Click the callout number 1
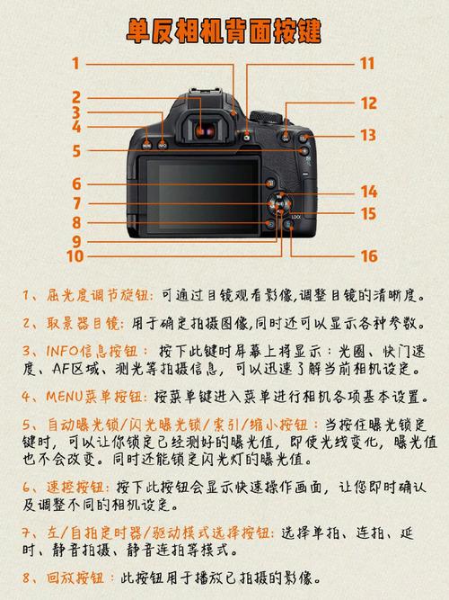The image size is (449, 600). coord(77,63)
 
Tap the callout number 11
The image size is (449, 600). coord(366,63)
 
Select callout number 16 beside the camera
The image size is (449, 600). coord(368,256)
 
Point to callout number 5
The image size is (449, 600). coord(77,151)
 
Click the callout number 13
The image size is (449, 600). coord(368,135)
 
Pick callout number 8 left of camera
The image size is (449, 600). coord(77,222)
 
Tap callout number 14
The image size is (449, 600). coord(368,191)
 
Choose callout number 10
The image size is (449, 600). coord(75,256)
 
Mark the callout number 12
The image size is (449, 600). coord(368,103)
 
